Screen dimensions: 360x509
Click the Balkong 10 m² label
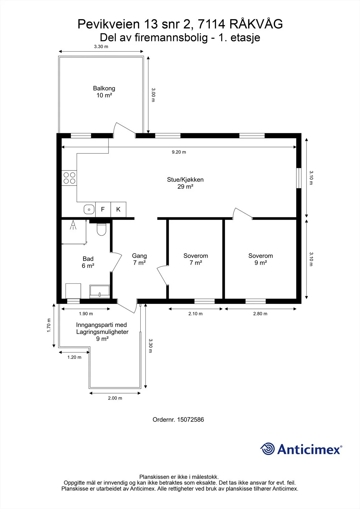[104, 92]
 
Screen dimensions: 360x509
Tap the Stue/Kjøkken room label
[185, 183]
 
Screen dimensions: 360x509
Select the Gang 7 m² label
[139, 259]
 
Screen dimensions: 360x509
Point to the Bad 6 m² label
[88, 262]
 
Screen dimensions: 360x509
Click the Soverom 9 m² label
[261, 259]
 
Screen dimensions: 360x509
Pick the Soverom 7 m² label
[196, 259]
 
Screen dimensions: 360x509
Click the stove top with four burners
[69, 178]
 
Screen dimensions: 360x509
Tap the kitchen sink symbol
[89, 209]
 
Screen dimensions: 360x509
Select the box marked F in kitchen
[103, 209]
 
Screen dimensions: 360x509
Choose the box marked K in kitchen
[118, 209]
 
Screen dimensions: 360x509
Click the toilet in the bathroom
[102, 229]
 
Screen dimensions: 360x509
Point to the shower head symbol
[73, 225]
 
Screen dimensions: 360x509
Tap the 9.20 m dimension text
[179, 152]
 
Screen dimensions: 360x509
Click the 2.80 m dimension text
[260, 314]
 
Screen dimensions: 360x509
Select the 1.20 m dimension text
[74, 357]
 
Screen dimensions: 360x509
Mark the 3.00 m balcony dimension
[153, 95]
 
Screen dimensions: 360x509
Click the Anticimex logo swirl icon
[267, 449]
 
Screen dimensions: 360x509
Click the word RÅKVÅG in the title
[256, 24]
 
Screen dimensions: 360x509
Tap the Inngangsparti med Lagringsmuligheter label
[102, 331]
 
